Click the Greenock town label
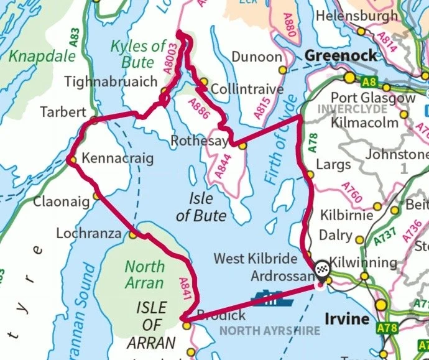(x=341, y=56)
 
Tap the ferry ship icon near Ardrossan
(x=268, y=298)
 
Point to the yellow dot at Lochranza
(x=133, y=235)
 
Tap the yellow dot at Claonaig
(x=96, y=196)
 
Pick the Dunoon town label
(x=256, y=57)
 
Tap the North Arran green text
(x=145, y=275)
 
